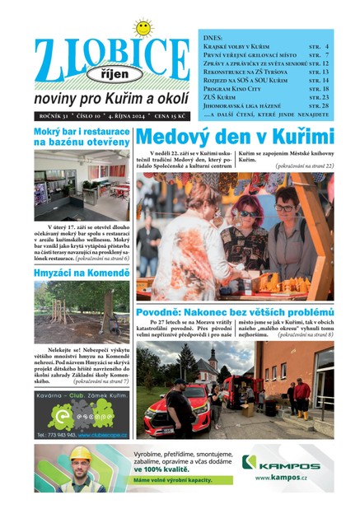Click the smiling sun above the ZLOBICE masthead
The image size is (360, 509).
143,29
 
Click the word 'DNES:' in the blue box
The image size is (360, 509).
213,38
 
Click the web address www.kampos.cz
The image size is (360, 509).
281,479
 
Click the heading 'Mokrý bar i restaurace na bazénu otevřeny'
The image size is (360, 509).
82,137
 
